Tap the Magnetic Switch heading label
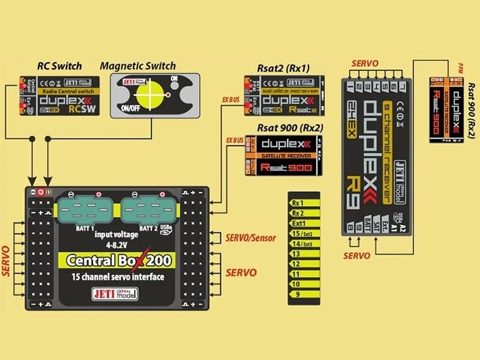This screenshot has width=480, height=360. (138, 66)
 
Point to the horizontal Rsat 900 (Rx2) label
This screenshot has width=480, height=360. (290, 128)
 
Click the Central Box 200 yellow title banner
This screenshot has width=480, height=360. (117, 260)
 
